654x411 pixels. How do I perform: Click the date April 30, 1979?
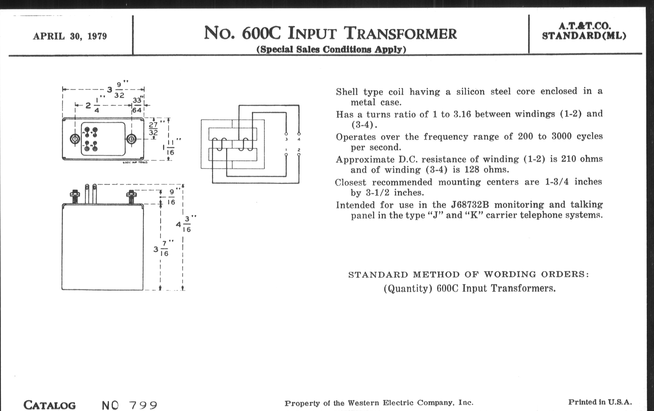click(x=70, y=36)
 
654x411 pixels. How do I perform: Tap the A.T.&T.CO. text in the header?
click(x=584, y=26)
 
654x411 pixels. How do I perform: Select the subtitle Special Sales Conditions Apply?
click(x=331, y=49)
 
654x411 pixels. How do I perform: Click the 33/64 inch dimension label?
click(x=137, y=105)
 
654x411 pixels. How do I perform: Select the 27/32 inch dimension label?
click(x=154, y=129)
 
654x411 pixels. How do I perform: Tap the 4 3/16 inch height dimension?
click(x=184, y=224)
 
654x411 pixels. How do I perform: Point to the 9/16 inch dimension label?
click(x=171, y=197)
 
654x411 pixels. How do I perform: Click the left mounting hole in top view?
click(x=75, y=139)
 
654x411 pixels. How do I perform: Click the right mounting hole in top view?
click(x=131, y=139)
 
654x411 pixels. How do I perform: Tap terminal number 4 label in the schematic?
click(x=299, y=139)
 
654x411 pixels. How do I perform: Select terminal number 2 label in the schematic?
click(x=299, y=150)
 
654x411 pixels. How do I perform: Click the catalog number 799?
click(x=143, y=405)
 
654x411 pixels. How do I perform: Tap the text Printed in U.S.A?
click(x=600, y=402)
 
